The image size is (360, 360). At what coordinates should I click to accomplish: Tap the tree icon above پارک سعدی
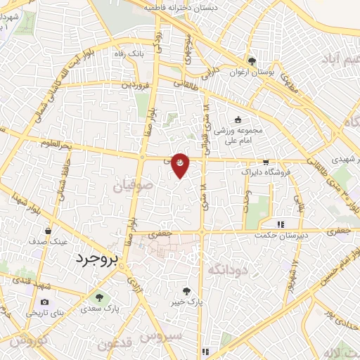pos(98,297)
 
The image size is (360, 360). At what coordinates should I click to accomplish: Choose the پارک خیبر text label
pos(186,302)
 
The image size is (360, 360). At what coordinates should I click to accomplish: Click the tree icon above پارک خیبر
pos(186,290)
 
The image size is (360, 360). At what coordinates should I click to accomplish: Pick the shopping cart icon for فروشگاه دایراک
pos(266,161)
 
